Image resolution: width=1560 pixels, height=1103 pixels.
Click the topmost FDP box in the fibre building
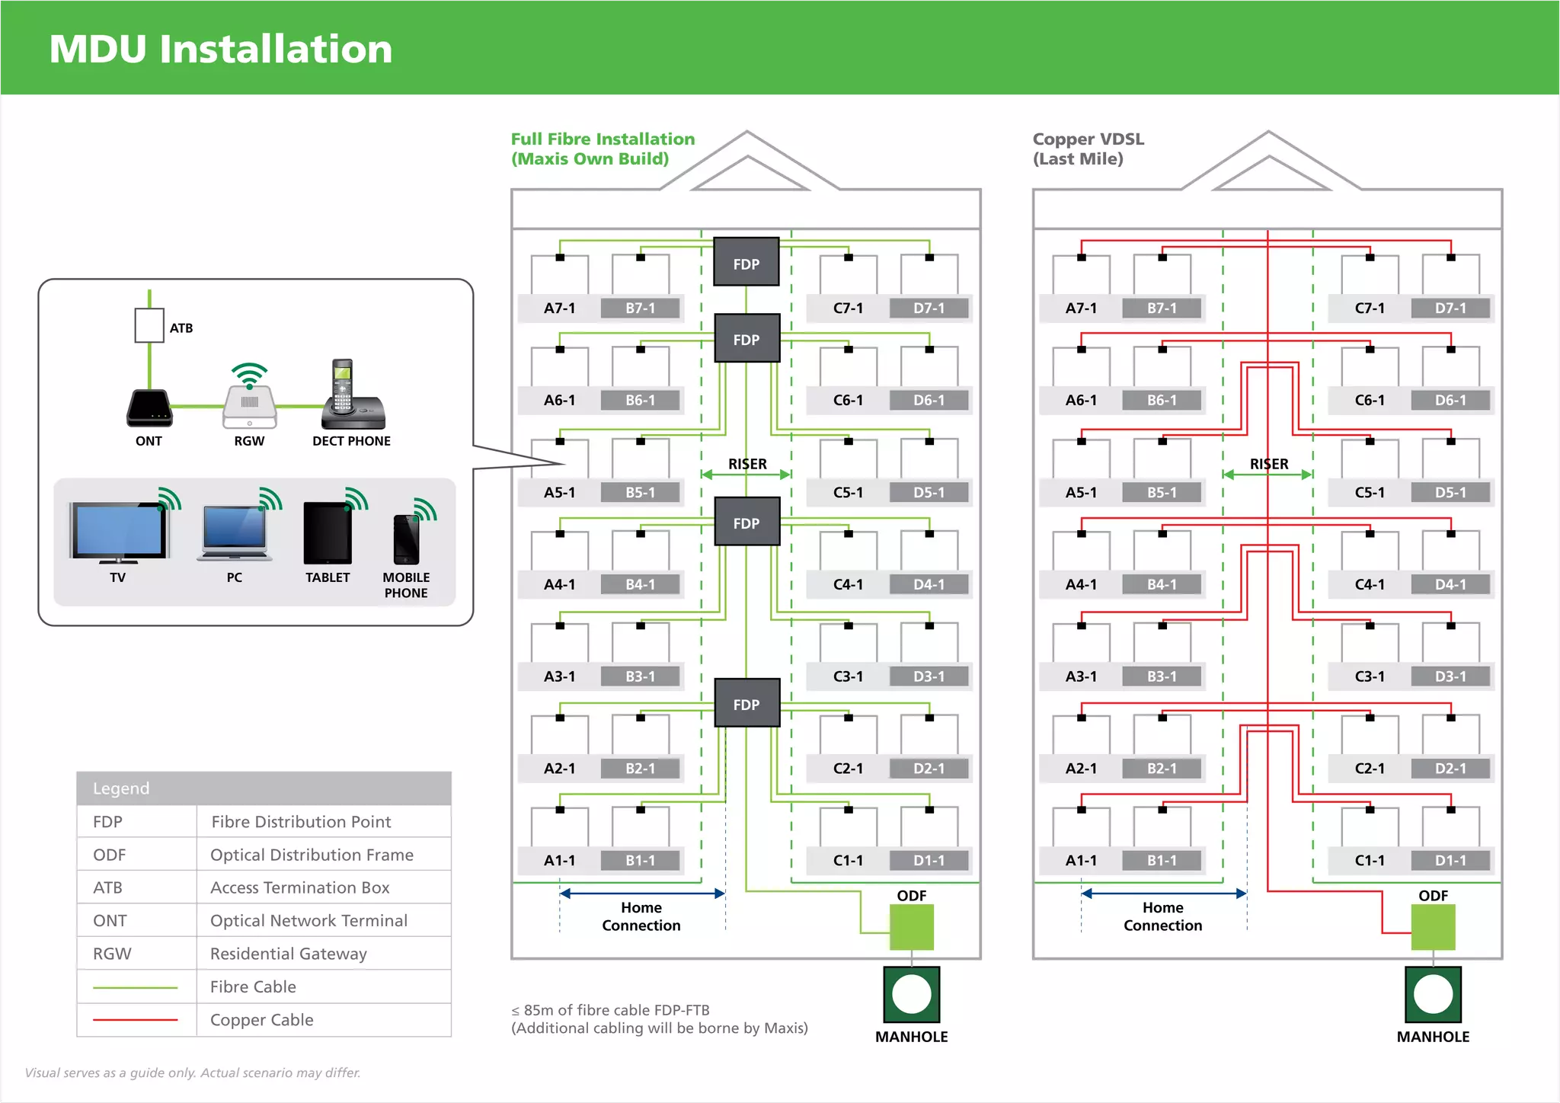pyautogui.click(x=746, y=263)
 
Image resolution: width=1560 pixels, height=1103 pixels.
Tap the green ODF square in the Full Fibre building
pyautogui.click(x=911, y=927)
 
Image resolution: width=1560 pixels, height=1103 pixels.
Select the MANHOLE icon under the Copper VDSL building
pyautogui.click(x=1433, y=995)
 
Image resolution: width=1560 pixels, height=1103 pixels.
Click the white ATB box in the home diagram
pyautogui.click(x=149, y=326)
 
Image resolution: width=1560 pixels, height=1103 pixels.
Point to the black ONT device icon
pyautogui.click(x=149, y=408)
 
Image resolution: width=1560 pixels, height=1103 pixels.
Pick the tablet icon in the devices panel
pyautogui.click(x=328, y=532)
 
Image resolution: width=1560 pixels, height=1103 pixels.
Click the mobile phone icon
pyautogui.click(x=406, y=539)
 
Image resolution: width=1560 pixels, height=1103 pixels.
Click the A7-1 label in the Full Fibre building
pyautogui.click(x=559, y=309)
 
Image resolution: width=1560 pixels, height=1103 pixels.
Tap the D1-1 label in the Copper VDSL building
pyautogui.click(x=1450, y=861)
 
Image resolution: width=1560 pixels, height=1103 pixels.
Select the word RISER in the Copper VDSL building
pyautogui.click(x=1269, y=464)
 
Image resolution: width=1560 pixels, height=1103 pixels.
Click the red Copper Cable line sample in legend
pyautogui.click(x=135, y=1019)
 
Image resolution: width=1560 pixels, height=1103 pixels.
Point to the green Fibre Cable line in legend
pyautogui.click(x=135, y=987)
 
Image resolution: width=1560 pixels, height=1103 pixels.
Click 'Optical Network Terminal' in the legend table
pyautogui.click(x=308, y=921)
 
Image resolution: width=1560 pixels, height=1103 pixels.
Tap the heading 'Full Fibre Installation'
pyautogui.click(x=603, y=139)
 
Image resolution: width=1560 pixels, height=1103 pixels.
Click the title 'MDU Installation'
pyautogui.click(x=221, y=49)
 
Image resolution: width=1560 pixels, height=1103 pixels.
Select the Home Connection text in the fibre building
pyautogui.click(x=641, y=916)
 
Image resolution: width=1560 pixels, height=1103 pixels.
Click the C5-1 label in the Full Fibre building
pyautogui.click(x=848, y=493)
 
